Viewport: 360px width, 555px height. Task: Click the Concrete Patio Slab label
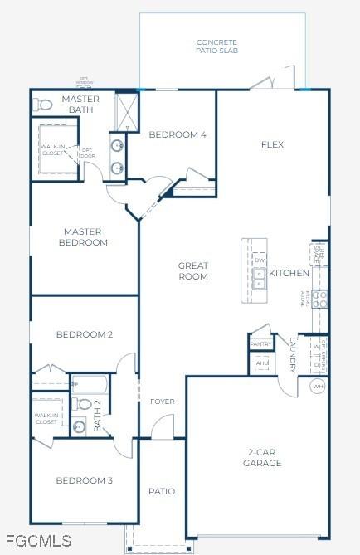pyautogui.click(x=216, y=46)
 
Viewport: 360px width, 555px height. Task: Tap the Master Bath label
pyautogui.click(x=81, y=105)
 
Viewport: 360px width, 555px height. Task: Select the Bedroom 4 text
pyautogui.click(x=177, y=134)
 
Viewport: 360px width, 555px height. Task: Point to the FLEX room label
pyautogui.click(x=272, y=144)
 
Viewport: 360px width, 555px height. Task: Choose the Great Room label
pyautogui.click(x=193, y=271)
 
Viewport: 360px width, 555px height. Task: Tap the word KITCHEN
pyautogui.click(x=289, y=273)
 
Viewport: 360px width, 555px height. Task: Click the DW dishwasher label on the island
pyautogui.click(x=259, y=260)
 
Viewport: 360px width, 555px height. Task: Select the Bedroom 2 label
pyautogui.click(x=84, y=334)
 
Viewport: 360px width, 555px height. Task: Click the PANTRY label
pyautogui.click(x=260, y=343)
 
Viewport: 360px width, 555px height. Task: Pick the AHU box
pyautogui.click(x=261, y=363)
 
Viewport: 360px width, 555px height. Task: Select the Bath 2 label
pyautogui.click(x=97, y=414)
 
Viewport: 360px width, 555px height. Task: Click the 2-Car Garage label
pyautogui.click(x=264, y=457)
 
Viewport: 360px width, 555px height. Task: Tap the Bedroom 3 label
pyautogui.click(x=84, y=480)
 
